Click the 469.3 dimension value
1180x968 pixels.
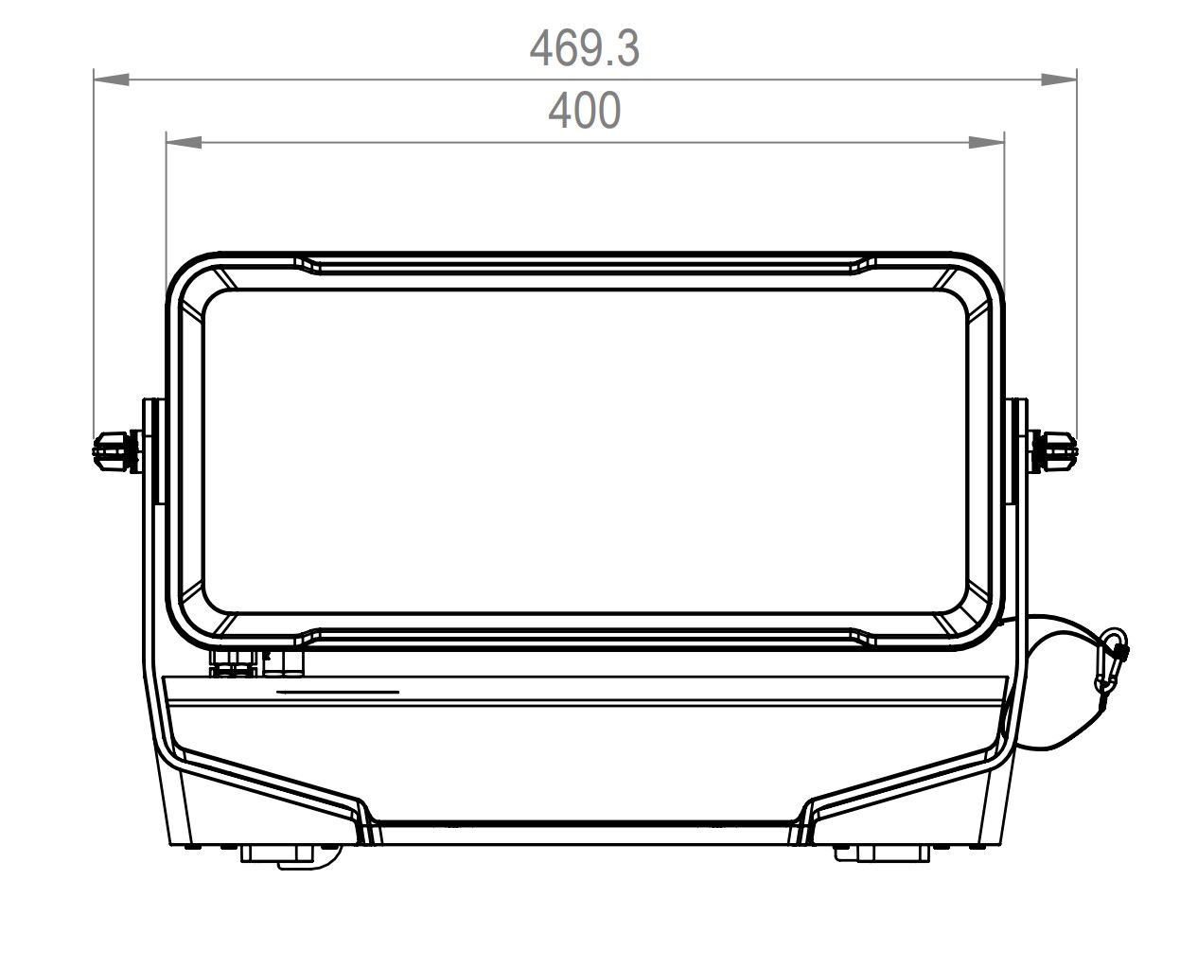[584, 48]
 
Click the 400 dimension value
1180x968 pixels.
[584, 110]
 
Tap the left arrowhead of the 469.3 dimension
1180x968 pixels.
[112, 79]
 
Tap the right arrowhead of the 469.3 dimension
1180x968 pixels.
[1059, 79]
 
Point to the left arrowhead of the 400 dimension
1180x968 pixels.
[185, 142]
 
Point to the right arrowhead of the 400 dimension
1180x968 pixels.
[986, 142]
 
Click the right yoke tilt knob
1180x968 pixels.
[1052, 451]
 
